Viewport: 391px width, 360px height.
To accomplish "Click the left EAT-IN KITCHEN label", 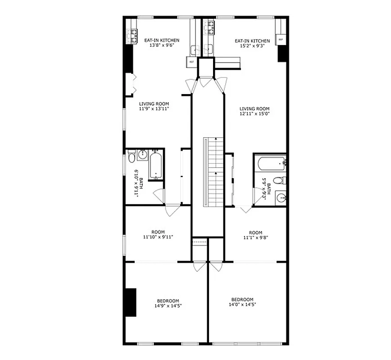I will coord(159,40).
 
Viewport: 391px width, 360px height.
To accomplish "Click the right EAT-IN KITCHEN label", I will coord(252,40).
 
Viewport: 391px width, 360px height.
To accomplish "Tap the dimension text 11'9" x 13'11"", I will coord(154,109).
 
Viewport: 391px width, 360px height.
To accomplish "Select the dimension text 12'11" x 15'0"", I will coord(255,114).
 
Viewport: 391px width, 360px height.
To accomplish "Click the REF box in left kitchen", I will coord(191,62).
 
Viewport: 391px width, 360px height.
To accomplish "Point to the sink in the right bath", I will coord(281,198).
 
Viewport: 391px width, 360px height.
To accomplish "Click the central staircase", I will coord(213,171).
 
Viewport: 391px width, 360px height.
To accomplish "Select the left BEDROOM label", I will coord(168,301).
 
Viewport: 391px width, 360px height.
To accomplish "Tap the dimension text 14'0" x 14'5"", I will coord(242,305).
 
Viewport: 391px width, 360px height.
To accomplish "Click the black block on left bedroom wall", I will coord(130,302).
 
